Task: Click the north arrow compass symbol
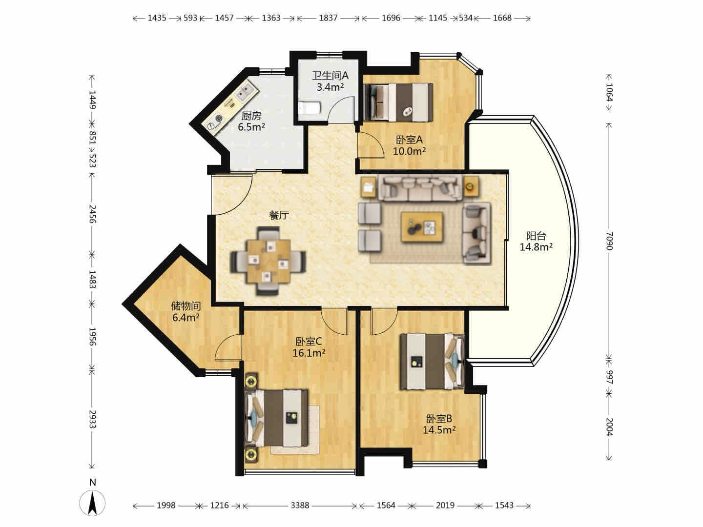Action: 92,503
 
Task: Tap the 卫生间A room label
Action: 330,76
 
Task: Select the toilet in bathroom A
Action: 310,108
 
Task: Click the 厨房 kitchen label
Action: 251,116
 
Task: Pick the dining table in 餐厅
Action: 269,261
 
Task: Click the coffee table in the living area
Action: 422,227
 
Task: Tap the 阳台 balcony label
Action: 536,236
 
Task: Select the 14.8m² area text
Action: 536,247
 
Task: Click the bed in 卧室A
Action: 399,102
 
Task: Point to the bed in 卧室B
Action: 432,361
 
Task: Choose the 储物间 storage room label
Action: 186,306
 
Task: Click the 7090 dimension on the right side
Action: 609,241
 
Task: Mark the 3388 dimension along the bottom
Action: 300,505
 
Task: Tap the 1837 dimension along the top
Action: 328,18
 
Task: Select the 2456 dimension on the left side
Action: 92,214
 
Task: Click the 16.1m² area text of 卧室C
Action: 309,353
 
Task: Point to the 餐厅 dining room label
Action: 279,215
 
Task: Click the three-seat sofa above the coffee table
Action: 420,188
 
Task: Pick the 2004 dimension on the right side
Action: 609,427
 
